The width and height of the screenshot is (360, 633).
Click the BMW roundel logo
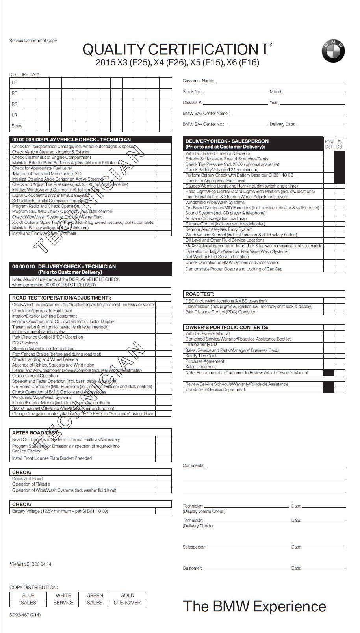[333, 51]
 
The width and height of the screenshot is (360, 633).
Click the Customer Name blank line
[281, 82]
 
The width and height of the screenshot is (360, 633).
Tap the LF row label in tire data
[15, 82]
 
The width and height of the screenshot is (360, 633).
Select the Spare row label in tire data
[17, 126]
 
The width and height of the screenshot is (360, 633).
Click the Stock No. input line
[235, 93]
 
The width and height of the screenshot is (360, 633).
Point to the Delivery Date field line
[321, 125]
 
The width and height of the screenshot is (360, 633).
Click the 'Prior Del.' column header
[328, 144]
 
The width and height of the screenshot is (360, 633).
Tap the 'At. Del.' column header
[340, 144]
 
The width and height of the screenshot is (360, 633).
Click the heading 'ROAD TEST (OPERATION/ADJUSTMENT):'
[61, 298]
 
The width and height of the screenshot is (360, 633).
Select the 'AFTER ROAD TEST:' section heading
[35, 432]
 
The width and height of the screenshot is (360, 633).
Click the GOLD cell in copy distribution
[127, 596]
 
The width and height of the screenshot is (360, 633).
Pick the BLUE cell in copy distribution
[28, 596]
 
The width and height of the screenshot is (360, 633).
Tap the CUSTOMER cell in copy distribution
[127, 603]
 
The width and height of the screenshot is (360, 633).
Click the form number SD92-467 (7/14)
[25, 615]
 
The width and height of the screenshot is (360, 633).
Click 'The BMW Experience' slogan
[254, 606]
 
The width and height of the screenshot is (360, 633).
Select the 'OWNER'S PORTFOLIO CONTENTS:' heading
[227, 327]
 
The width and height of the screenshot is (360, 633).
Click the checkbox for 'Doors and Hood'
[163, 478]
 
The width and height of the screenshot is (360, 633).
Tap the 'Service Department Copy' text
[33, 41]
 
